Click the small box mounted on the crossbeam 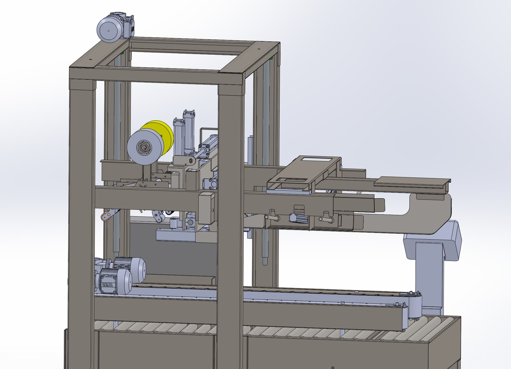click(x=206, y=208)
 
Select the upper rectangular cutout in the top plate click(x=316, y=160)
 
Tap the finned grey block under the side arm click(x=298, y=217)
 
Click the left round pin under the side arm click(x=273, y=217)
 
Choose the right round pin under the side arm click(x=325, y=219)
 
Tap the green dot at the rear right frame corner click(x=272, y=58)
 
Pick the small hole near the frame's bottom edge click(x=333, y=368)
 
